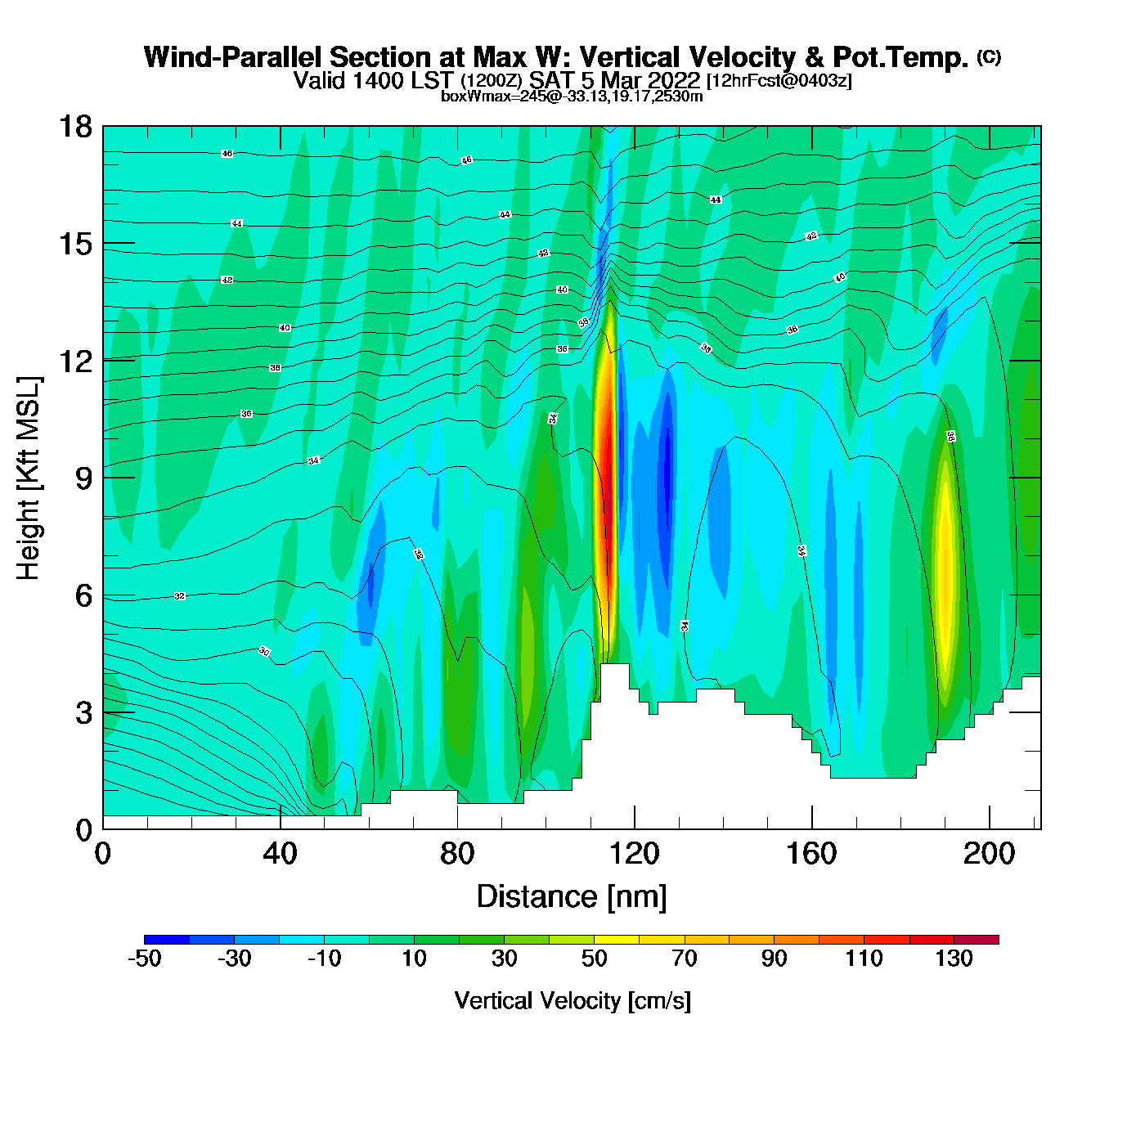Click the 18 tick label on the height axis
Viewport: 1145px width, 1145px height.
click(x=74, y=127)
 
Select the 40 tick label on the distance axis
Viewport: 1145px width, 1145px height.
click(x=280, y=854)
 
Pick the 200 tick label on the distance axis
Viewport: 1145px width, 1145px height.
click(x=989, y=854)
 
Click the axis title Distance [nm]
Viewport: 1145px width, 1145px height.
click(x=572, y=896)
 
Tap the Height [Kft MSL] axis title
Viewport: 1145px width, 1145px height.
click(x=29, y=478)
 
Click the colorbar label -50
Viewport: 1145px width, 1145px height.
click(x=144, y=959)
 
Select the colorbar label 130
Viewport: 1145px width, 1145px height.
click(x=954, y=959)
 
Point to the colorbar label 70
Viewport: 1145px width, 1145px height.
click(x=684, y=959)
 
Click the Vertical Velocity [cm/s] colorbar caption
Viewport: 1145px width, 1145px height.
click(x=572, y=1000)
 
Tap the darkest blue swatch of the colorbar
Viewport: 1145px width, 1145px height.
click(x=167, y=940)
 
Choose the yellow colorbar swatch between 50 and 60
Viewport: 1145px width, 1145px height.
click(x=617, y=940)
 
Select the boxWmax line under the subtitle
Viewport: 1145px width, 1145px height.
click(x=572, y=96)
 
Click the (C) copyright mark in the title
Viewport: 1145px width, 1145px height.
click(x=989, y=56)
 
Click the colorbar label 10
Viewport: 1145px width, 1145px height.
click(x=414, y=959)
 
